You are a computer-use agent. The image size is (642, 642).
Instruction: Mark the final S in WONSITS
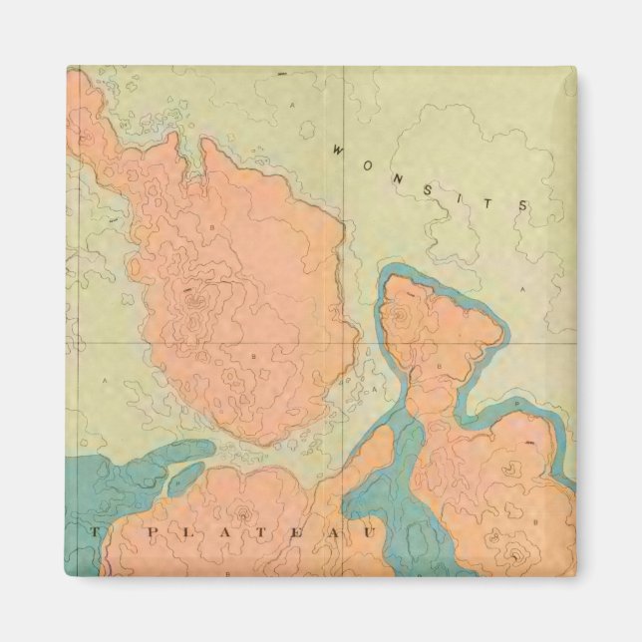coord(521,205)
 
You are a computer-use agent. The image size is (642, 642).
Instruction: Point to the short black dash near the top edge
coord(282,75)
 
